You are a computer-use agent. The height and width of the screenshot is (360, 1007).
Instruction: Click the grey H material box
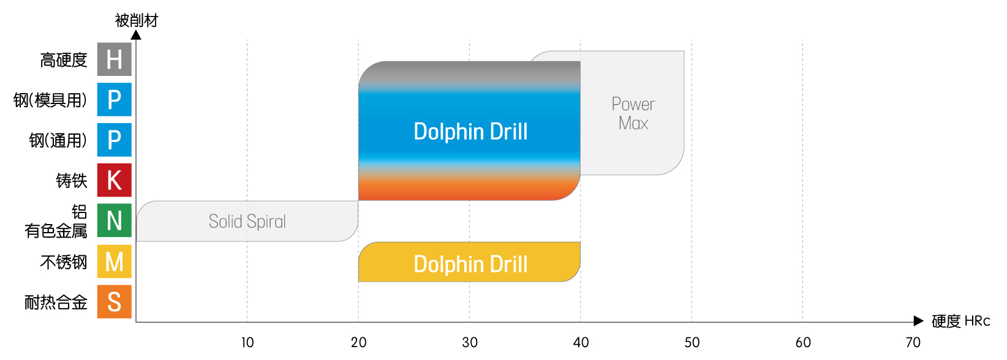point(115,59)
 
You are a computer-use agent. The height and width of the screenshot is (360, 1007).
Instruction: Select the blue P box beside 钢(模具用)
point(115,99)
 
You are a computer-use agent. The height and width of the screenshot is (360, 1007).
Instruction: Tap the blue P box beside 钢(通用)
point(115,140)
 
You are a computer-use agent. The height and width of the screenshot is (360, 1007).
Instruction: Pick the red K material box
point(115,180)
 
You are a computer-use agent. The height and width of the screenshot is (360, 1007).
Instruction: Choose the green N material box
point(115,220)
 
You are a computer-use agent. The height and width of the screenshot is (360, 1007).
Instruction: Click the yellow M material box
point(115,261)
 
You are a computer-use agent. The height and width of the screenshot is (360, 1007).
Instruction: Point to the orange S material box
point(115,302)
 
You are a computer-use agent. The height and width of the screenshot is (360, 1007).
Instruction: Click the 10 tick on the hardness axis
point(247,342)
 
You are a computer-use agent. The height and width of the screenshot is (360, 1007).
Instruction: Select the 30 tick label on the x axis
point(470,342)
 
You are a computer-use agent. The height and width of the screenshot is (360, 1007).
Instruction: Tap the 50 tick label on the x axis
point(692,342)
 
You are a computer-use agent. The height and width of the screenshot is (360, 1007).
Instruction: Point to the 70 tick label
point(913,342)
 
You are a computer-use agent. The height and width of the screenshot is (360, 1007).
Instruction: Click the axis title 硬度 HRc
point(960,321)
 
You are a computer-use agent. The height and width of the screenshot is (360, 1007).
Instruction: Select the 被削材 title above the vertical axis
point(137,21)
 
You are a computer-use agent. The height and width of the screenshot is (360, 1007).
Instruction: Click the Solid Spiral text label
point(247,221)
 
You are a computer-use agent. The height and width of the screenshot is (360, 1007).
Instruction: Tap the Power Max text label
point(633,114)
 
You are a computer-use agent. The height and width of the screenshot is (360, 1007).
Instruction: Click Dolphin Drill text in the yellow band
point(470,264)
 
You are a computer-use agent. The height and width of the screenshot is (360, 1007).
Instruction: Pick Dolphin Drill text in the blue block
point(470,132)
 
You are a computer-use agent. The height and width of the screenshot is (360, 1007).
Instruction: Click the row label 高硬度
point(64,60)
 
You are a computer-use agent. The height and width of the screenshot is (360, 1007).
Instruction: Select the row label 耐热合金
point(56,302)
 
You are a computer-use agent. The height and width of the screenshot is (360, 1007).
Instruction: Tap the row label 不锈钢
point(64,262)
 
